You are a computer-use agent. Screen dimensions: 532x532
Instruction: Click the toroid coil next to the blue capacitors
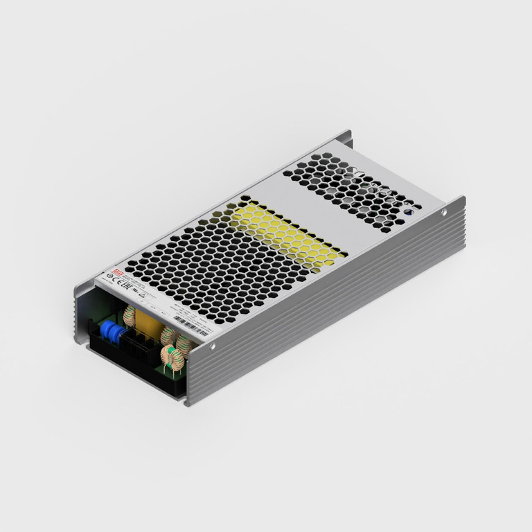click(129, 317)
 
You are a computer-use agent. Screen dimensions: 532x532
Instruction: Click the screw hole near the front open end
click(212, 346)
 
